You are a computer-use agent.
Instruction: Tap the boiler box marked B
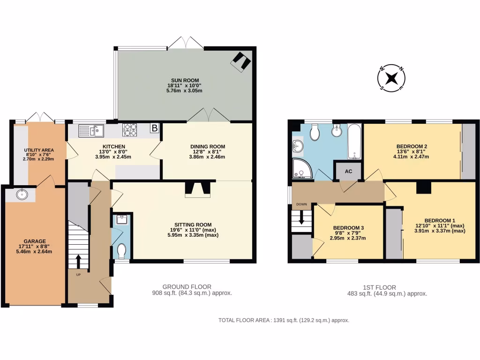pos(154,128)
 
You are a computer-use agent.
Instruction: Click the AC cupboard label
pos(348,171)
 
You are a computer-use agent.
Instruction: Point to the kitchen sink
pos(91,130)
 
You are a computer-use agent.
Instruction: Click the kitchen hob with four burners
pos(130,129)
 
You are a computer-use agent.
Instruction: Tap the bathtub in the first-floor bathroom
pos(354,142)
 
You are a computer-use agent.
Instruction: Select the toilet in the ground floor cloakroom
pos(122,251)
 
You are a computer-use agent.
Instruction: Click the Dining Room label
pos(208,147)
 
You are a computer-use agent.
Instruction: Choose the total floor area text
pos(284,320)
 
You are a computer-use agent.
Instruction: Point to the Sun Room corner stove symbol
pos(241,61)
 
